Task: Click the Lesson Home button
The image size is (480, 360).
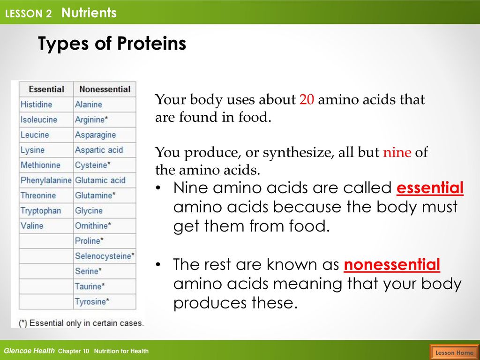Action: pos(454,352)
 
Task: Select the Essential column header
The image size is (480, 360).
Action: pos(46,89)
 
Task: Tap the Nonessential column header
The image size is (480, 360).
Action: pos(105,89)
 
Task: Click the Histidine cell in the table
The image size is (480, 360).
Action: pos(46,105)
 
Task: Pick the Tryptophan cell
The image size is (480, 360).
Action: pos(46,210)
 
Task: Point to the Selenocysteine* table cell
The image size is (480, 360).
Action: pos(105,256)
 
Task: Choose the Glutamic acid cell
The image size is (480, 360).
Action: pos(105,180)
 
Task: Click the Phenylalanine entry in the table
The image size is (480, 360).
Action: pos(46,180)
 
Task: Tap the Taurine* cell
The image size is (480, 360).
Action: pos(105,286)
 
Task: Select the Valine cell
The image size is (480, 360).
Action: pos(46,225)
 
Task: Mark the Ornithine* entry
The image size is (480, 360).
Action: pos(105,225)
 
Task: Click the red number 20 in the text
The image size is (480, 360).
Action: pos(307,100)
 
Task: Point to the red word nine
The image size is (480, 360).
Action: pos(397,152)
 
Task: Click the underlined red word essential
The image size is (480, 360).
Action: pos(430,187)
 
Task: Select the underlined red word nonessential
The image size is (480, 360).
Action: pos(392,264)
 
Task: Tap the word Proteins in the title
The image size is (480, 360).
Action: pos(151,43)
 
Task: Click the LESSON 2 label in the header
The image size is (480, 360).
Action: pos(29,14)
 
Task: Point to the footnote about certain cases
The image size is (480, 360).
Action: pos(81,323)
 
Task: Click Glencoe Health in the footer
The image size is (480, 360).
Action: pos(29,351)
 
